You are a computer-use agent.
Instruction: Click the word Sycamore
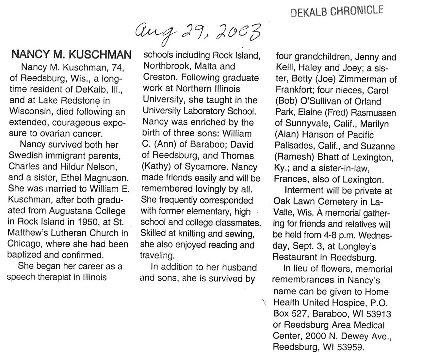[x=206, y=167]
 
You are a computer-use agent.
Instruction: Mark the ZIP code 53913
[x=379, y=314]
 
